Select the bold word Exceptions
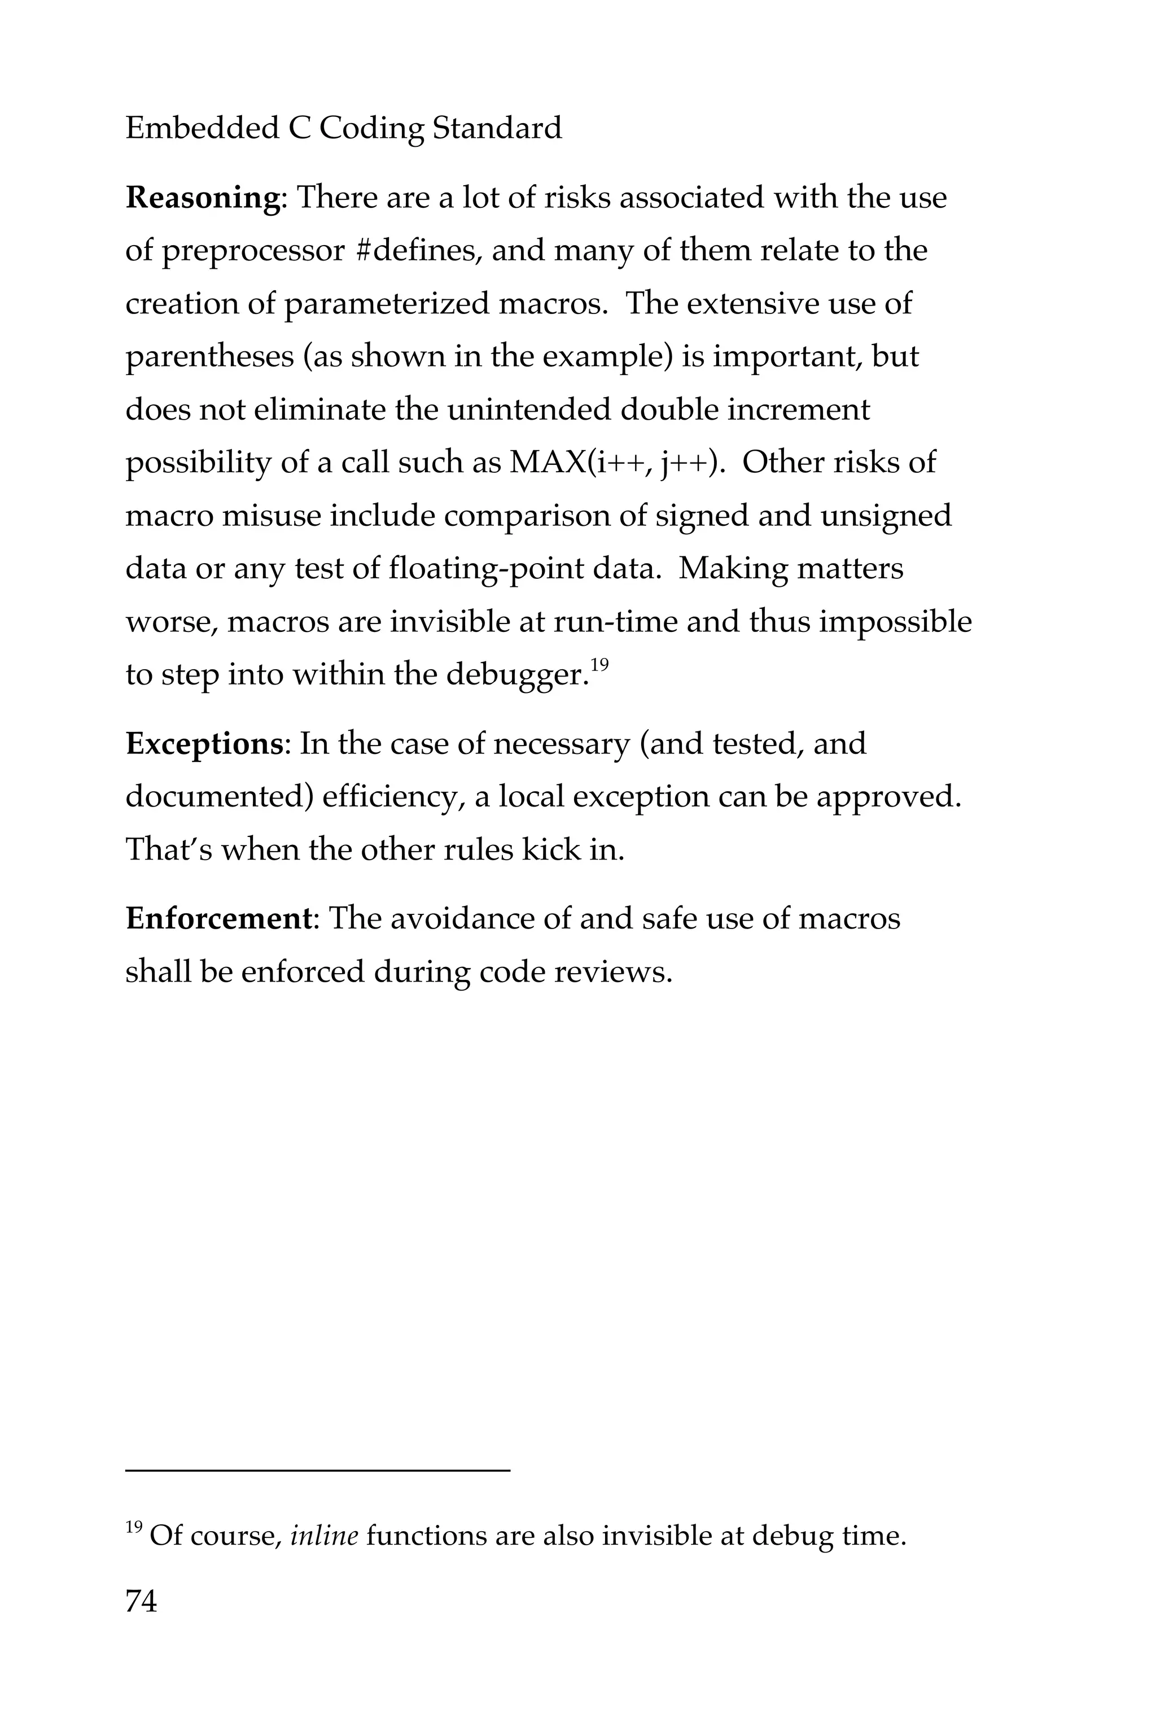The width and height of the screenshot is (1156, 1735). (x=203, y=744)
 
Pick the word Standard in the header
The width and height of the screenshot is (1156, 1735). (x=497, y=128)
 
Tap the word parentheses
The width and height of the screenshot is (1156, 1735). (x=209, y=358)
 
